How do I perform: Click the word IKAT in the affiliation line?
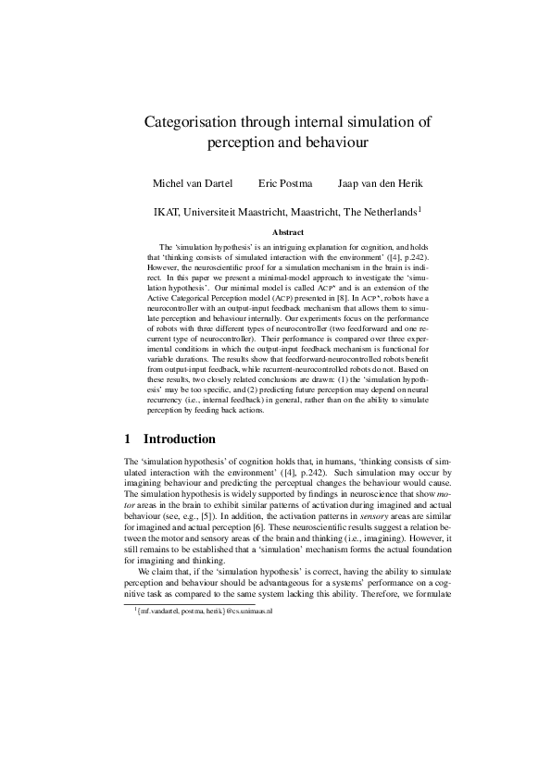click(x=170, y=212)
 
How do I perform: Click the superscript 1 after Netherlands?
click(x=420, y=208)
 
